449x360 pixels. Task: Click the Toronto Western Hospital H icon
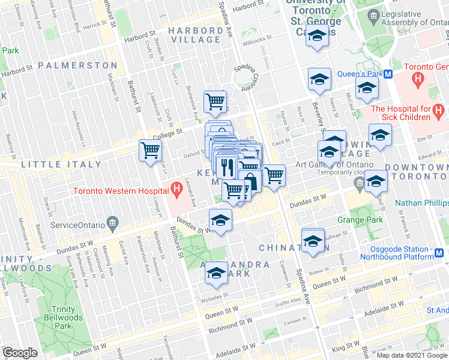pos(176,191)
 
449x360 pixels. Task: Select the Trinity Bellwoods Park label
pos(59,317)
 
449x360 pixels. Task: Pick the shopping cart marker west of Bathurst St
pos(149,150)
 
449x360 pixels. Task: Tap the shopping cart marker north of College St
pos(214,102)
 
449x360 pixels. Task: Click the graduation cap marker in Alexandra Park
pos(217,274)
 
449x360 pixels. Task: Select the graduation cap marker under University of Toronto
pos(316,37)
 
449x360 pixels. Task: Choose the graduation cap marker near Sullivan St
pos(313,241)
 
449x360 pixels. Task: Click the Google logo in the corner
pos(19,353)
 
